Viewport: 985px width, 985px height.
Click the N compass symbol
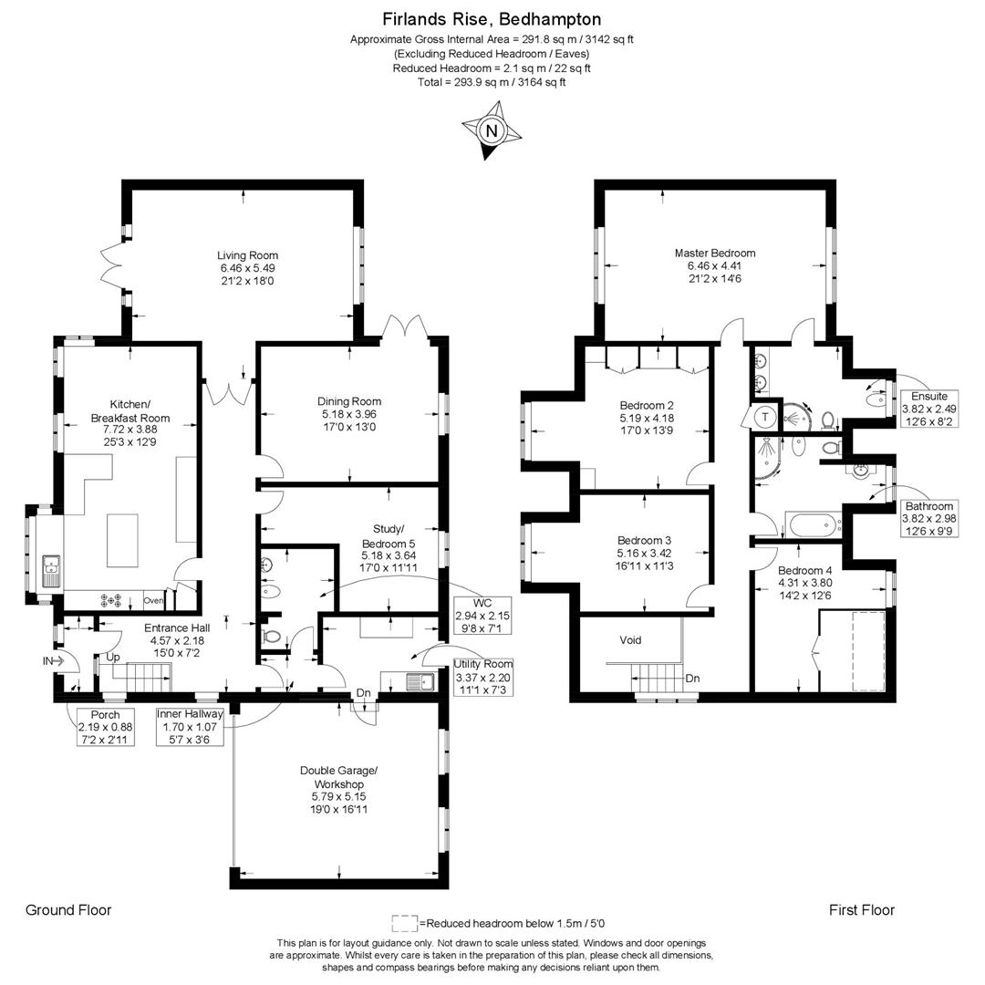click(492, 130)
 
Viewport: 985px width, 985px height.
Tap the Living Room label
click(247, 255)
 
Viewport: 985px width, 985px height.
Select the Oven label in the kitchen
click(154, 600)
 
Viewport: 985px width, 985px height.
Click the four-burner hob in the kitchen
click(111, 600)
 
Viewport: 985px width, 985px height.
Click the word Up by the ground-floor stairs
click(113, 657)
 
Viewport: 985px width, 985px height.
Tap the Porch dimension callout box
click(105, 727)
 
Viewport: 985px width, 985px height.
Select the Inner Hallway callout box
click(190, 727)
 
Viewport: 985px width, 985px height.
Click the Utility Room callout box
click(483, 677)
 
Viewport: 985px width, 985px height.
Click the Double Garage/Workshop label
click(339, 777)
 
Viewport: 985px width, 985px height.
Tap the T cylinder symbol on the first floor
click(765, 417)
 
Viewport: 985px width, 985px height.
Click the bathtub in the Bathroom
click(813, 524)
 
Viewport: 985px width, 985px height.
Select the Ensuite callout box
click(929, 409)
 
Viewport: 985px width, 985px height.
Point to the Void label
click(630, 640)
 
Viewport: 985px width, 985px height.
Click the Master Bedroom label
click(715, 254)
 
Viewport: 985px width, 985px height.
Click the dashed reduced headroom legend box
click(405, 923)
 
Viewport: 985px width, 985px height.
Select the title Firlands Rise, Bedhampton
click(492, 19)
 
